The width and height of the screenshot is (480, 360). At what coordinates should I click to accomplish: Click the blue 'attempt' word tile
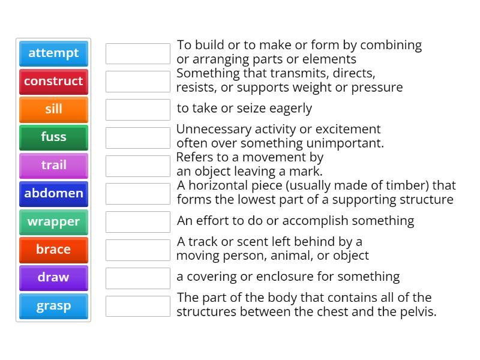click(x=53, y=53)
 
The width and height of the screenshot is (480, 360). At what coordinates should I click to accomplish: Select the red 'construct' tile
click(x=53, y=82)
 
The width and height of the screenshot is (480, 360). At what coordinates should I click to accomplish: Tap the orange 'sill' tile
click(x=53, y=110)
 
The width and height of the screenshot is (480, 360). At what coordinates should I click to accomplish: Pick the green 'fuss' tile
click(x=53, y=138)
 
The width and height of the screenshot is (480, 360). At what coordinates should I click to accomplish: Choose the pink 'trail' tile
click(x=53, y=166)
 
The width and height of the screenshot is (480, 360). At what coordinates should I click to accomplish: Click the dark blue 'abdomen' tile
click(x=53, y=194)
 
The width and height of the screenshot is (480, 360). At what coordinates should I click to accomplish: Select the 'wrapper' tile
click(x=53, y=222)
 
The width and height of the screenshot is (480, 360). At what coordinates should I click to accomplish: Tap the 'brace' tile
click(x=53, y=250)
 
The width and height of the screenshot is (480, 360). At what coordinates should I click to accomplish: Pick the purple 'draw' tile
click(x=53, y=278)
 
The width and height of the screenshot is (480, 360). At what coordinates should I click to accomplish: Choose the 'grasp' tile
click(x=53, y=306)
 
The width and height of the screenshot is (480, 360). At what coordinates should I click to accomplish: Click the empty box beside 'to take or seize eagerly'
click(x=138, y=110)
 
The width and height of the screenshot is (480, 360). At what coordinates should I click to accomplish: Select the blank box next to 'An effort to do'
click(x=138, y=222)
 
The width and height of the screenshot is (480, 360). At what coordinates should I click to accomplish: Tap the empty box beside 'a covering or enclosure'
click(x=138, y=278)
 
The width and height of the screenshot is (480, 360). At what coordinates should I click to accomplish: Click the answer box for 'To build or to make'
click(x=138, y=53)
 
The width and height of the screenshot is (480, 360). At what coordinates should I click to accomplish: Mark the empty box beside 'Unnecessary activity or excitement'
click(x=138, y=138)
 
